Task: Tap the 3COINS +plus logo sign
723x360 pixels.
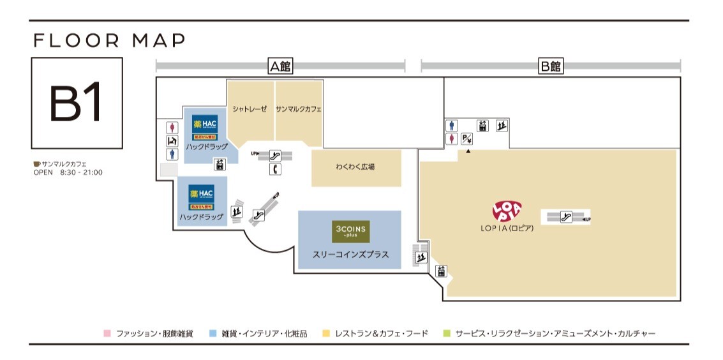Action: [350, 231]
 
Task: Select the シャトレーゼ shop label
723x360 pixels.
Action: [251, 109]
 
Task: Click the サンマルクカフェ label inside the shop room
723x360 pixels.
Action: [299, 109]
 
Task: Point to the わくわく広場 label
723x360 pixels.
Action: [355, 167]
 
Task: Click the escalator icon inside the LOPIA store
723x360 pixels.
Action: [565, 217]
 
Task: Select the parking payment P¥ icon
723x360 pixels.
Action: [467, 138]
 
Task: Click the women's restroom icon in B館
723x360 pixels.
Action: [452, 138]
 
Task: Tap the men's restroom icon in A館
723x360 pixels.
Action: [171, 154]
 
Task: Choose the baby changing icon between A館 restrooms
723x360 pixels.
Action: [171, 140]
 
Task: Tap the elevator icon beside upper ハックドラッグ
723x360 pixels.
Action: [220, 164]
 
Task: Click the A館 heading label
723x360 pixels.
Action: [280, 66]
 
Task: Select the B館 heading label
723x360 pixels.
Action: [550, 66]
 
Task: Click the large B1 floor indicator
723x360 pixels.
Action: [76, 103]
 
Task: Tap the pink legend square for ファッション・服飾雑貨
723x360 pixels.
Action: [107, 333]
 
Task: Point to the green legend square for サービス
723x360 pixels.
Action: [447, 333]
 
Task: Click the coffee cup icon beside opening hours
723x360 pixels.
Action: [36, 164]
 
